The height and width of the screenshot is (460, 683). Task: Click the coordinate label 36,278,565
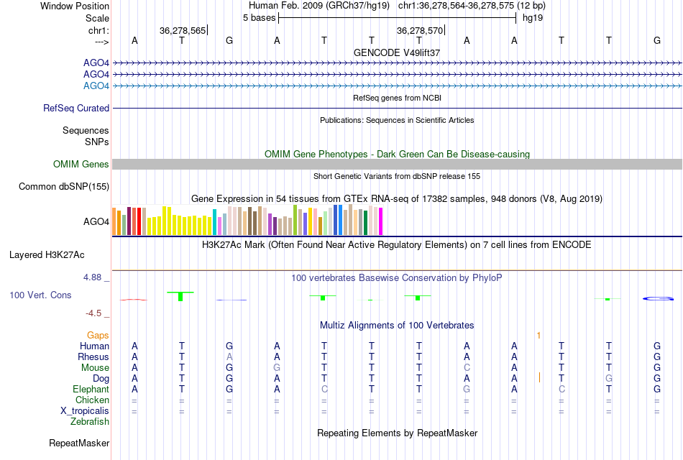point(183,30)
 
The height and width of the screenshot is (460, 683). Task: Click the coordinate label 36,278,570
point(420,30)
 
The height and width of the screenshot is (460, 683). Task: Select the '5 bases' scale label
point(259,17)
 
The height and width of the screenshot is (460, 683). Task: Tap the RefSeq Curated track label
point(76,108)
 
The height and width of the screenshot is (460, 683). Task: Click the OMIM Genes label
point(81,165)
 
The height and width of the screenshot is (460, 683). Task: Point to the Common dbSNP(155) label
point(63,187)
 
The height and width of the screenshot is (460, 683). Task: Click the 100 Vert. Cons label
point(40,295)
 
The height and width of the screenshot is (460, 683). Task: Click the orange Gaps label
point(98,335)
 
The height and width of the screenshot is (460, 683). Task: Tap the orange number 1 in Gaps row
point(538,335)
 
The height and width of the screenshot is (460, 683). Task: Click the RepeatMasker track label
point(79,443)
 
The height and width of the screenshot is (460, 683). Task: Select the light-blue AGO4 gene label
point(96,86)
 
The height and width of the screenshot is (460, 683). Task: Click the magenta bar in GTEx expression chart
point(380,221)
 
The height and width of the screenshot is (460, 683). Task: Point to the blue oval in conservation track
point(657,298)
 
